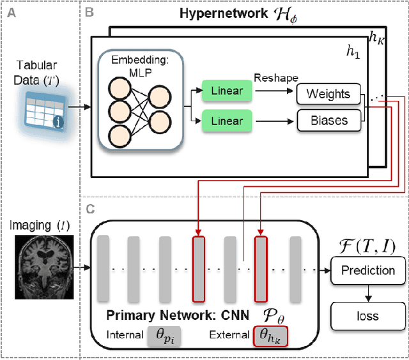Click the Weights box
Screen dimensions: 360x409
328,94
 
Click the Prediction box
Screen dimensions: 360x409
367,270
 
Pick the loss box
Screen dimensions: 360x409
367,316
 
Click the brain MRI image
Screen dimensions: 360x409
40,264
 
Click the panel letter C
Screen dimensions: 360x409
89,209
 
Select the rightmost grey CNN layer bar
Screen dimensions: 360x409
295,267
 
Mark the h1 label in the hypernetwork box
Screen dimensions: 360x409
353,53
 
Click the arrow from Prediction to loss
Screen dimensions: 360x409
367,293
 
